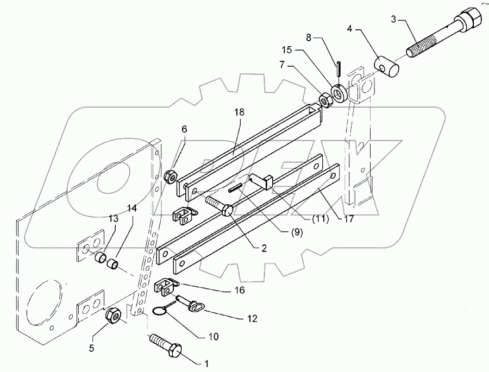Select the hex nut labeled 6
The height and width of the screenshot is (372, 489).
pyautogui.click(x=170, y=176)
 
